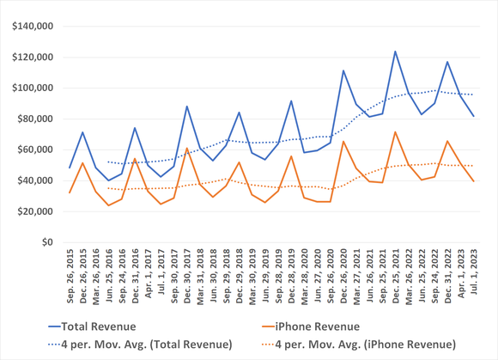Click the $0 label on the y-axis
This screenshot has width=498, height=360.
tap(48, 242)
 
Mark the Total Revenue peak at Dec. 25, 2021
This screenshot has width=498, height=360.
tap(396, 52)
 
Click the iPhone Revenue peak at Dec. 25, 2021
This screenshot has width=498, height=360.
tap(396, 132)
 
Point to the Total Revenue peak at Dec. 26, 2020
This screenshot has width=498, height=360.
tap(343, 70)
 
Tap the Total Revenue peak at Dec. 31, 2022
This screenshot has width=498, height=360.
tap(447, 62)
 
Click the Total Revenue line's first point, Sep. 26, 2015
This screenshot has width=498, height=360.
tap(70, 168)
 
